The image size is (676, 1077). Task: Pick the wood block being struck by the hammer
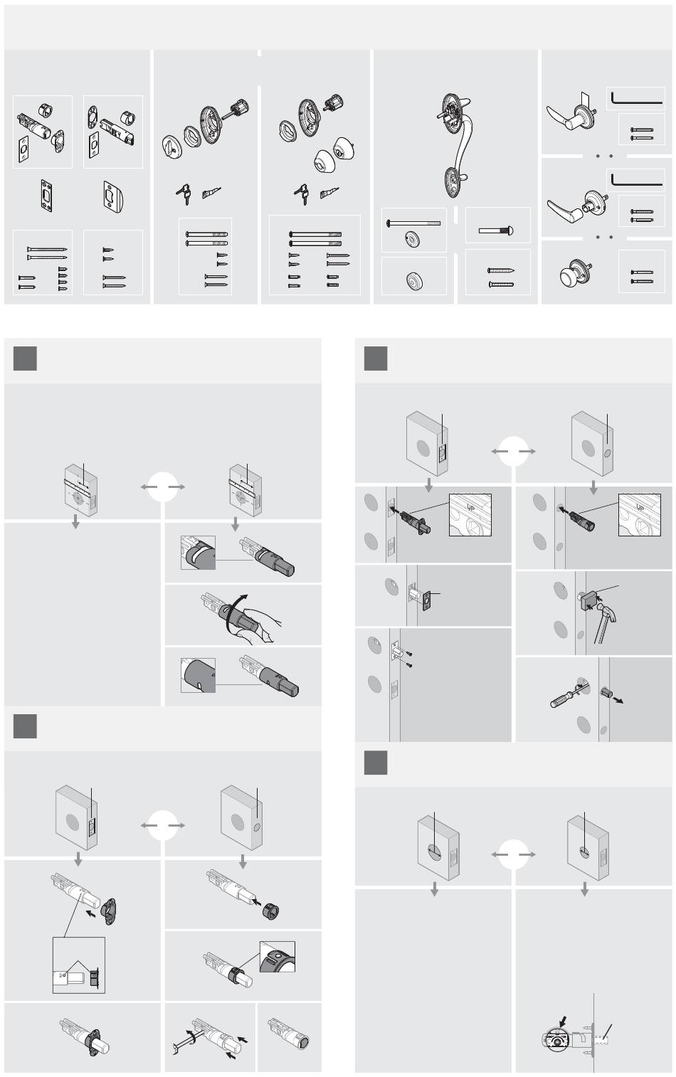coord(590,599)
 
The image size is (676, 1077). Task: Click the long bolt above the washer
coord(413,223)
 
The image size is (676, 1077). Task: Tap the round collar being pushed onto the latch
coord(271,910)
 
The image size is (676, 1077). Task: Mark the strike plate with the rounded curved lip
coord(114,196)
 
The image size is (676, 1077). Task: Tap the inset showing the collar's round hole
coord(278,956)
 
